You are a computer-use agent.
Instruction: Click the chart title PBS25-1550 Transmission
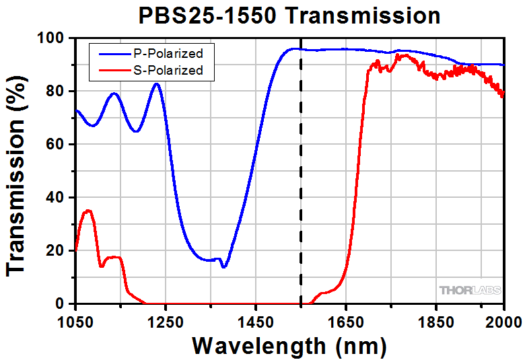click(289, 15)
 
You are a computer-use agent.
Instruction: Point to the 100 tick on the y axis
click(55, 38)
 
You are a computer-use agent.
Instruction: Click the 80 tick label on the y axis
click(59, 92)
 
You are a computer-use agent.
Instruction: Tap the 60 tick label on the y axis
click(59, 145)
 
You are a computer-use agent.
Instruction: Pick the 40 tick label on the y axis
click(59, 198)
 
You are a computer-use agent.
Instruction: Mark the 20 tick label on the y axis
click(59, 251)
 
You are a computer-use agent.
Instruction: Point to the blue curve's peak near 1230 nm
click(156, 84)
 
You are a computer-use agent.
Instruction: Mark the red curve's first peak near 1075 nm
click(87, 211)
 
